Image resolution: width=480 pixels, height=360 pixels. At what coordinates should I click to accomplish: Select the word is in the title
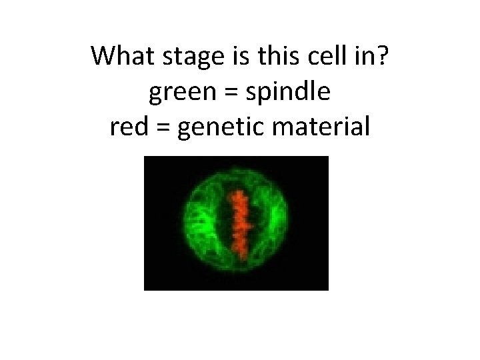235,57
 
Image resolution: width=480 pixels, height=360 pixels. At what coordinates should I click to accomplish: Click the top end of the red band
236,193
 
